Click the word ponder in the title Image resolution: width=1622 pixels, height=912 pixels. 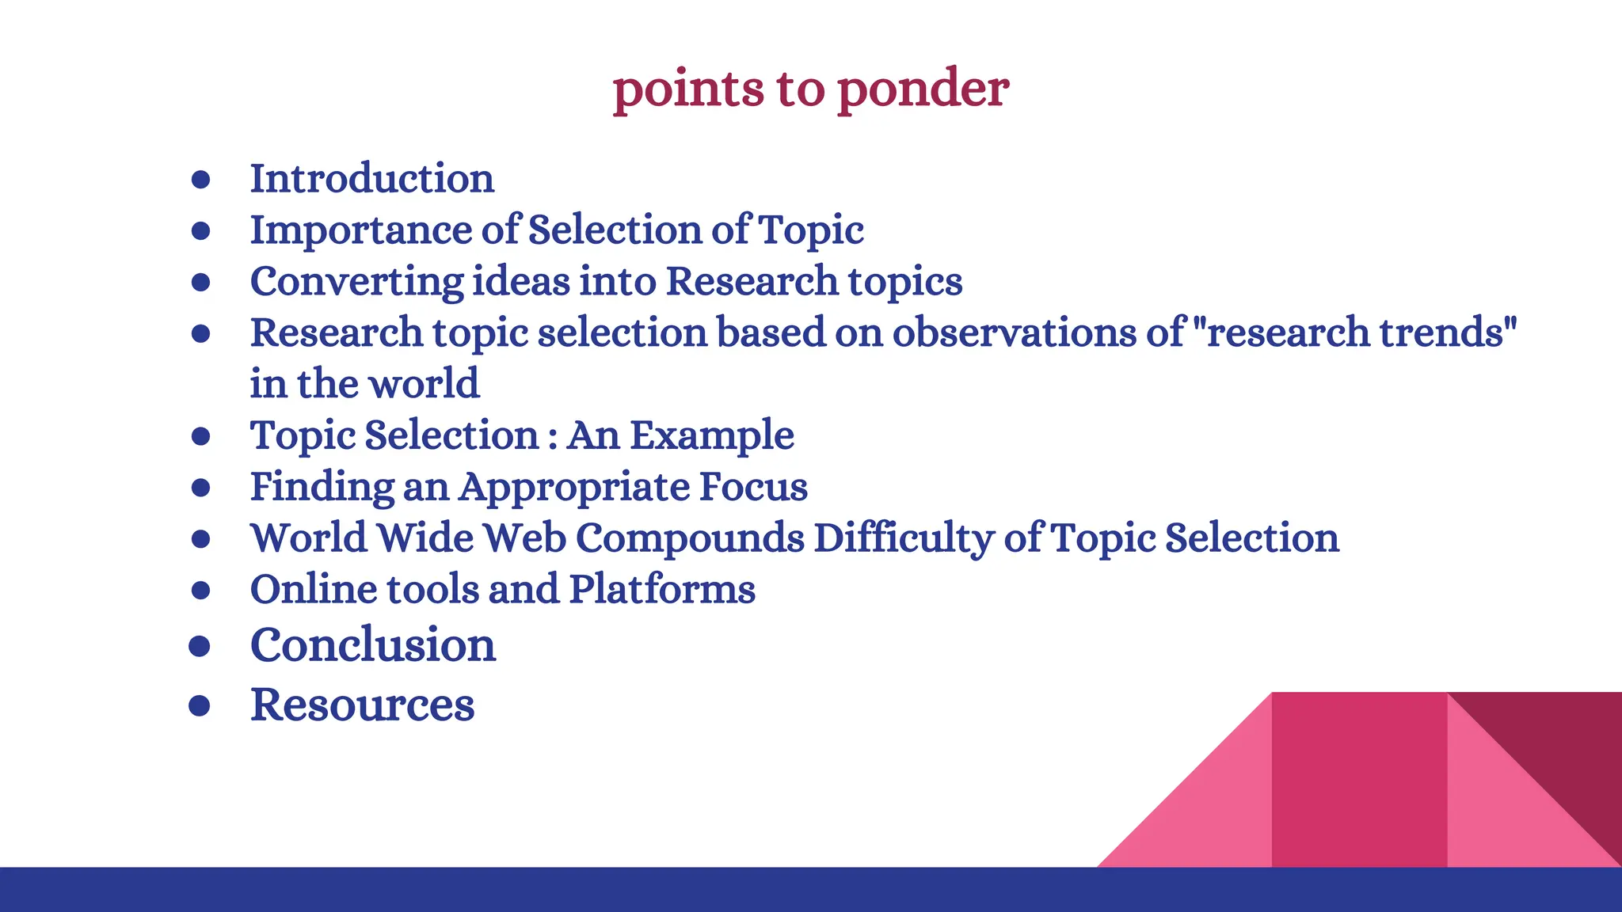[923, 89]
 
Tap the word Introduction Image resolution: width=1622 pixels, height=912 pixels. [372, 178]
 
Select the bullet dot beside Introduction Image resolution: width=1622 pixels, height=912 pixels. [201, 180]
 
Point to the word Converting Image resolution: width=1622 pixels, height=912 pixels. [356, 282]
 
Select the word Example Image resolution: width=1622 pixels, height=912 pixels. [712, 435]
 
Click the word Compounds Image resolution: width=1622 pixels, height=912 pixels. [690, 538]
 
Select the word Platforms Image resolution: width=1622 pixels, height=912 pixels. [662, 589]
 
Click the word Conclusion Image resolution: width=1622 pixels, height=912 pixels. [373, 644]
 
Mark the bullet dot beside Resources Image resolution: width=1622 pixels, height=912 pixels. [200, 705]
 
